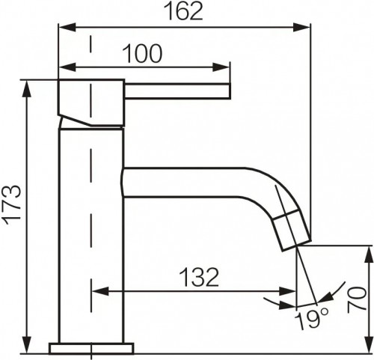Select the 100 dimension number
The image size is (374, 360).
click(144, 53)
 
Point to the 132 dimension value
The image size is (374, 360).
click(198, 277)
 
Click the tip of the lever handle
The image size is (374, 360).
click(228, 92)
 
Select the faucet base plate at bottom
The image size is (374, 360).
click(91, 348)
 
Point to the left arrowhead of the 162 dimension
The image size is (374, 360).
click(63, 27)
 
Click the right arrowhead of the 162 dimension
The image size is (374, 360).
click(304, 27)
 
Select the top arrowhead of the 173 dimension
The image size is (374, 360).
click(28, 83)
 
